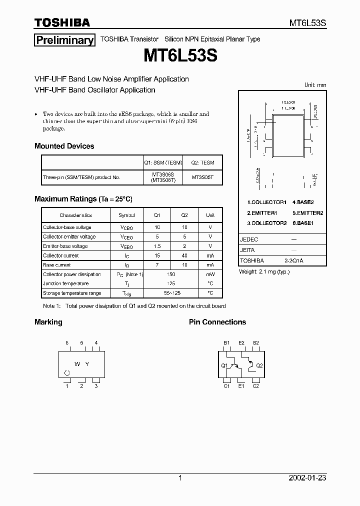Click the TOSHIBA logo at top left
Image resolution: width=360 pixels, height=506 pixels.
click(x=62, y=22)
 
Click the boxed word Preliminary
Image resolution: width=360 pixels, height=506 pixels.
click(x=64, y=40)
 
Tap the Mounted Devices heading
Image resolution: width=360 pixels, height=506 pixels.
click(x=64, y=146)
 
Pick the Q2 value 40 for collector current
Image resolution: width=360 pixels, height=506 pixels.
click(x=184, y=255)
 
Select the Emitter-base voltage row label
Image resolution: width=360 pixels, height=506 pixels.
click(x=65, y=246)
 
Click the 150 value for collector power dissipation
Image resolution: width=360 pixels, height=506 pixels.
click(x=170, y=274)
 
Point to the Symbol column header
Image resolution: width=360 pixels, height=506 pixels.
click(x=126, y=215)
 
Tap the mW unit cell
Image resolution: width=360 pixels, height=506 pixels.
click(x=210, y=274)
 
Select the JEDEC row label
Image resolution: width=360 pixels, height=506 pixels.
click(x=249, y=239)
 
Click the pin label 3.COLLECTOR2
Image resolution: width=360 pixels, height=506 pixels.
click(x=267, y=223)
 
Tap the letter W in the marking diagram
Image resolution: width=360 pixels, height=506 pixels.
click(x=77, y=364)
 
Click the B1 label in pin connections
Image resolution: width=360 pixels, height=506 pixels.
click(x=226, y=343)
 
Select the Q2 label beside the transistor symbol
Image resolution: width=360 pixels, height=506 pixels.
click(x=259, y=365)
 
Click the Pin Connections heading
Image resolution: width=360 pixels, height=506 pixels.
click(x=217, y=322)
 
